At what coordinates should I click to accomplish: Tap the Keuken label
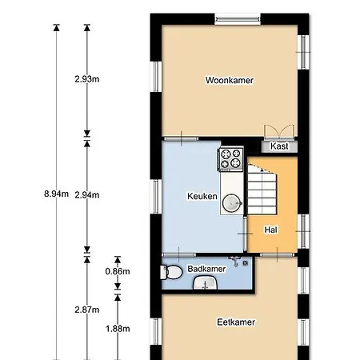(202, 196)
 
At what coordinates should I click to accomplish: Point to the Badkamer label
(206, 270)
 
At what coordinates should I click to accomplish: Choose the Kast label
(279, 146)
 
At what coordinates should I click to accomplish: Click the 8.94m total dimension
(55, 194)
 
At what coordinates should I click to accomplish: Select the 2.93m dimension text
(86, 79)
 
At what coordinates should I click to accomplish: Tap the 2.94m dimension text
(86, 194)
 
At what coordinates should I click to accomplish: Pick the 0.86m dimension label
(117, 271)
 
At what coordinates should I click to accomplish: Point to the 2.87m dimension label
(86, 310)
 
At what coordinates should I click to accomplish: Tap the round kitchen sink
(231, 203)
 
